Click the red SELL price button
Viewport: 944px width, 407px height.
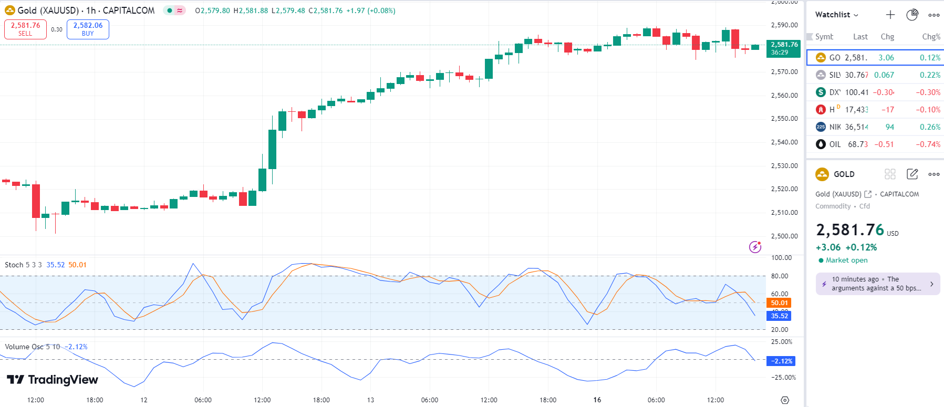click(25, 29)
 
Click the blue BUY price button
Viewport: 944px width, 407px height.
click(88, 29)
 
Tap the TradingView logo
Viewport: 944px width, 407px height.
click(53, 380)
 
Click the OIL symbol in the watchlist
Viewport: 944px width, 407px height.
click(835, 144)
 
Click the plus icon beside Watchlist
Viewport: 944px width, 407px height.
click(890, 15)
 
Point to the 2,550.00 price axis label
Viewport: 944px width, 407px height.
click(784, 119)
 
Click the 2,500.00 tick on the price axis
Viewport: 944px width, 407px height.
click(784, 236)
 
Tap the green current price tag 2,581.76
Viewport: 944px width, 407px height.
click(783, 48)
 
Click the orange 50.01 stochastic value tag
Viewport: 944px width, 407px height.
click(779, 303)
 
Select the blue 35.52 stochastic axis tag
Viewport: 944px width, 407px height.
click(779, 316)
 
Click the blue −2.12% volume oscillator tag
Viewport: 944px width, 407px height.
click(781, 361)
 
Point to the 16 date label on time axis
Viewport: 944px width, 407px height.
click(597, 400)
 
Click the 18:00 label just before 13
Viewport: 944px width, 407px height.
click(321, 400)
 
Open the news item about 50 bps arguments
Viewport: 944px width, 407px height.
click(877, 284)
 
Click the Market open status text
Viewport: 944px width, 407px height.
click(846, 260)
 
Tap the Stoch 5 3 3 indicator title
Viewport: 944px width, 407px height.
click(23, 265)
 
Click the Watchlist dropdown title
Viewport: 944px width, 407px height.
click(836, 15)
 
